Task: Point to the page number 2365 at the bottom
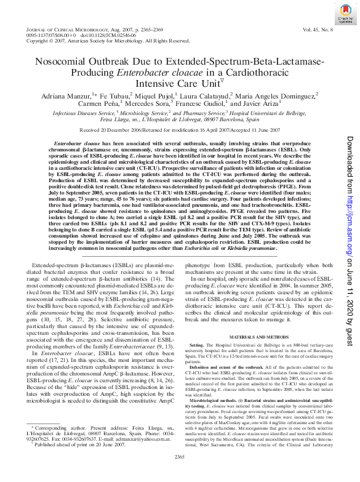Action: click(180, 473)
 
